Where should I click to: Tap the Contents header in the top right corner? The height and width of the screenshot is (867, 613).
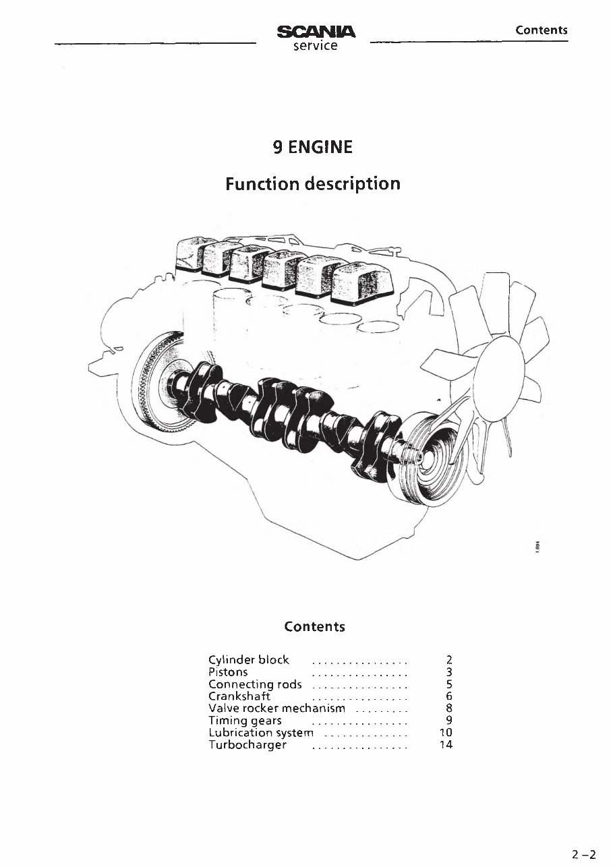[x=542, y=30]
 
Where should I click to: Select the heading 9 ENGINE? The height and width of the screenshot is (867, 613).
[x=312, y=146]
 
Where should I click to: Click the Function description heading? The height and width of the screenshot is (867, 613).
[x=312, y=183]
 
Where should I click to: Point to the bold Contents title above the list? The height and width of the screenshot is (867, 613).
[x=314, y=626]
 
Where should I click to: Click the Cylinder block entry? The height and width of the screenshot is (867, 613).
[x=249, y=659]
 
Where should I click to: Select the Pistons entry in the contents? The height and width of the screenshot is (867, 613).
[x=229, y=671]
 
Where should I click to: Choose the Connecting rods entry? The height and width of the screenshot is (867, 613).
[x=255, y=684]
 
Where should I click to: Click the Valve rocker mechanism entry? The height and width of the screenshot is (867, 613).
[x=276, y=709]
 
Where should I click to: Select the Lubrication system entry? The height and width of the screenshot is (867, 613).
[x=261, y=733]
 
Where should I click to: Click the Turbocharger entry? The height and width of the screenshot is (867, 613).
[x=247, y=745]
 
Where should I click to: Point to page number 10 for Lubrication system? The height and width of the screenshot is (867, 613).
[x=445, y=733]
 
